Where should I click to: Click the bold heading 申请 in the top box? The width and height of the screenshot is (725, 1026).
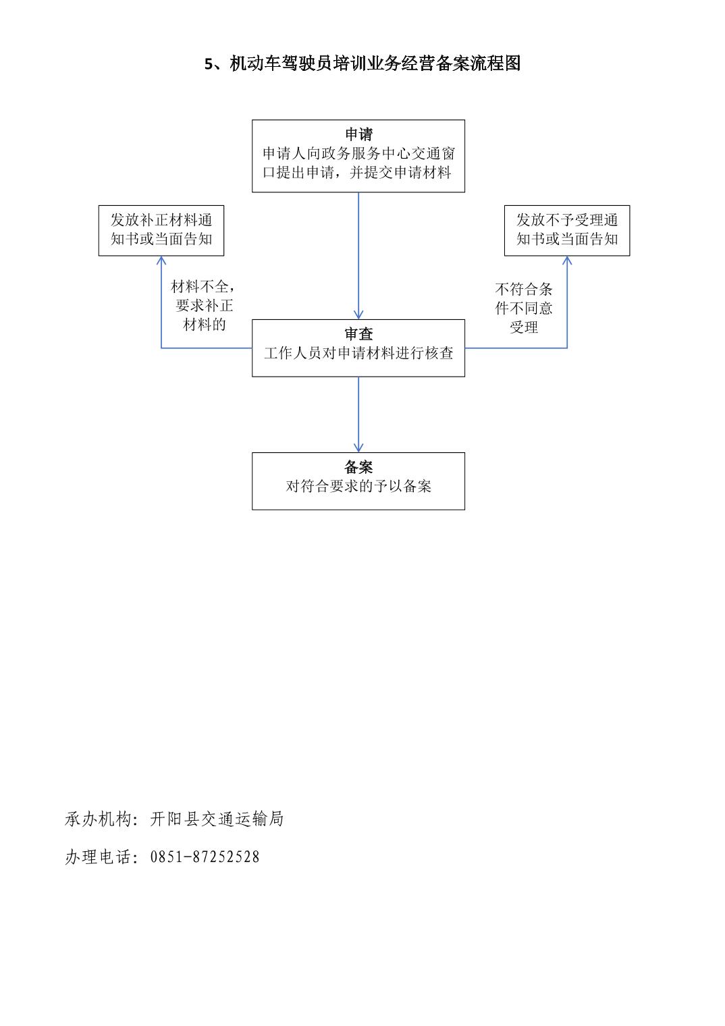358,134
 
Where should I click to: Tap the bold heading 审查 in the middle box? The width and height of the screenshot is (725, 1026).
358,334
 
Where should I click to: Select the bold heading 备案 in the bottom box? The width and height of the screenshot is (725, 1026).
358,466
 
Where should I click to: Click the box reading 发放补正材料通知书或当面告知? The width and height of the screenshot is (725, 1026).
161,230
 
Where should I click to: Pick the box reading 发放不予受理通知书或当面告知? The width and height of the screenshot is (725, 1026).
567,230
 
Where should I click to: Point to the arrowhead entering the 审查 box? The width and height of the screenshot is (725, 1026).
358,315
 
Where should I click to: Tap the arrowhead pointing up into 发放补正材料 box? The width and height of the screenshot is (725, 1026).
161,260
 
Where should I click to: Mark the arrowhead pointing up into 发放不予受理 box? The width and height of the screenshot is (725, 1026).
567,260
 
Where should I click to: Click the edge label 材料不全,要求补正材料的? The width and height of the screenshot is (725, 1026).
204,306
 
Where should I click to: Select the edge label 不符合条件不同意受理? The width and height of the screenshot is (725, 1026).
524,308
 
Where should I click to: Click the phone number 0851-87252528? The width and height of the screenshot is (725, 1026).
205,857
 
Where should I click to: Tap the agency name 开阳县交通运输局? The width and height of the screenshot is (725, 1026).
217,819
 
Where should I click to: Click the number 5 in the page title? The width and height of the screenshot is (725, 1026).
209,63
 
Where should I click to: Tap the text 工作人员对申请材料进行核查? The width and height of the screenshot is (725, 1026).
358,352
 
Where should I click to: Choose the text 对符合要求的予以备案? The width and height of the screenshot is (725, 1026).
358,486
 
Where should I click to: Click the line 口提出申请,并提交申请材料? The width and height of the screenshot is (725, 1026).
357,172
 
